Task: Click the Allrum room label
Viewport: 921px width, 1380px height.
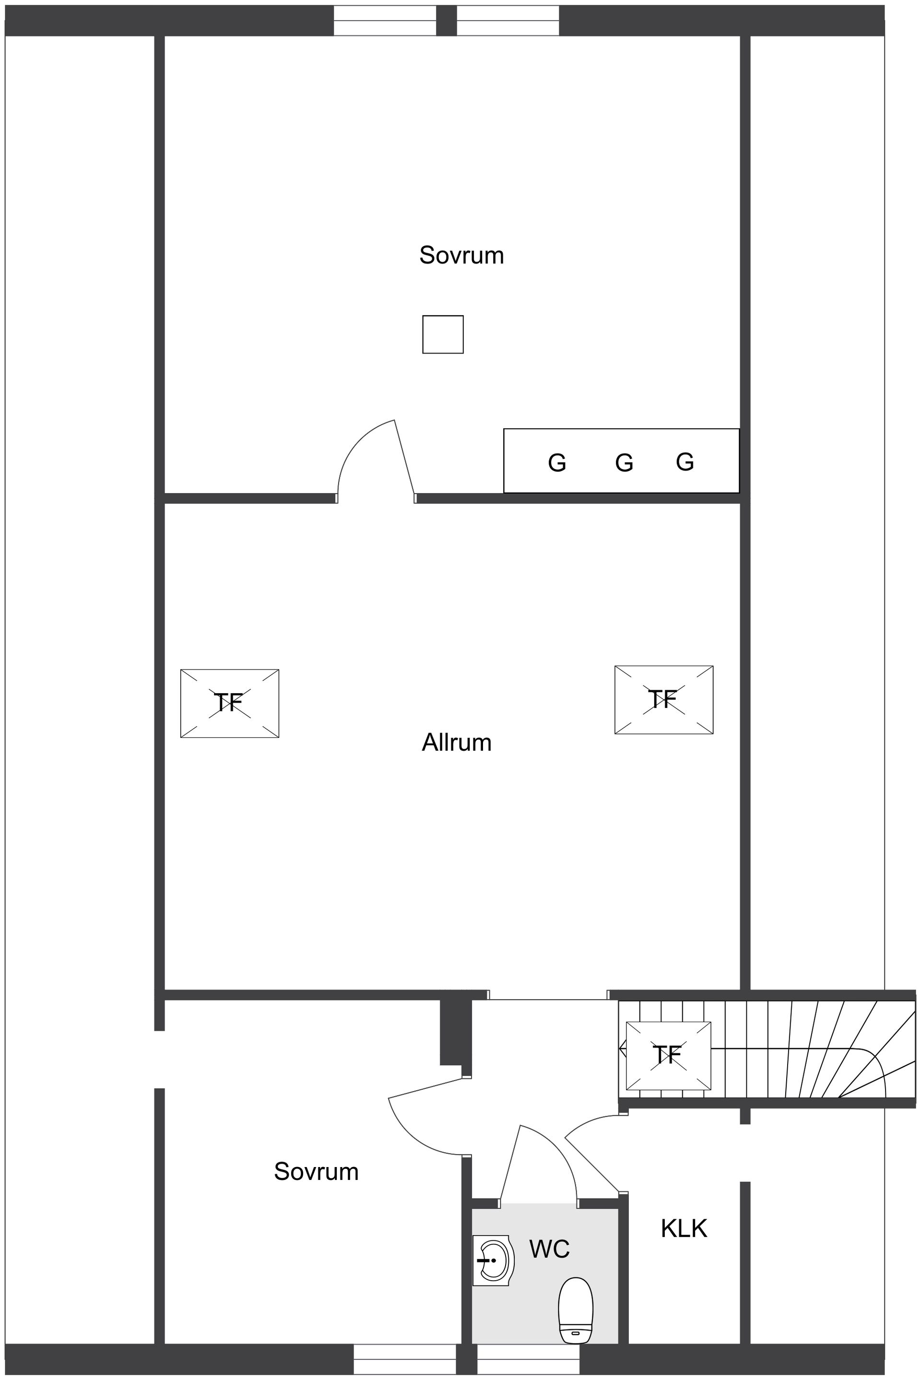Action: [x=456, y=743]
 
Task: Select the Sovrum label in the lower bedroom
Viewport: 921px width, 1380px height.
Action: [x=316, y=1171]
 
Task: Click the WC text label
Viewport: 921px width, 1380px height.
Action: [x=549, y=1249]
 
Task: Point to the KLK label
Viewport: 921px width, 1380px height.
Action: [x=684, y=1228]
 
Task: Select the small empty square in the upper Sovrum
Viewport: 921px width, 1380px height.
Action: [x=443, y=334]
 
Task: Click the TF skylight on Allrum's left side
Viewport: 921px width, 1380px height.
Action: [x=229, y=703]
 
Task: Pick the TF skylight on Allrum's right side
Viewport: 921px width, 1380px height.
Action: [x=664, y=699]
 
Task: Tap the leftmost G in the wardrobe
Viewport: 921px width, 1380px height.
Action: [x=557, y=463]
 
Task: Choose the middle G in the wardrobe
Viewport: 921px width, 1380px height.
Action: [x=624, y=463]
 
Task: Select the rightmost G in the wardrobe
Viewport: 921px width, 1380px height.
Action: [x=685, y=462]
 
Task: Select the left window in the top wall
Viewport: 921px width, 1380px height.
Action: [x=385, y=21]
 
